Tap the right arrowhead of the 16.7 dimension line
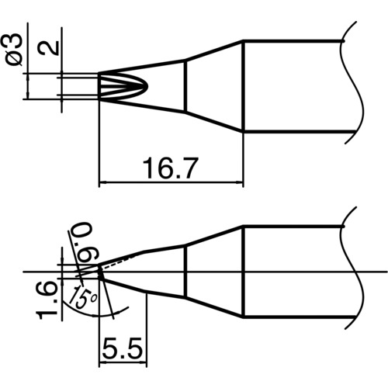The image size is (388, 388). [241, 183]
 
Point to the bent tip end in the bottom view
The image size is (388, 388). [103, 272]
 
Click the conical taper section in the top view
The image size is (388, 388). [213, 85]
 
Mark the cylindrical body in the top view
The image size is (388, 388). [295, 85]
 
